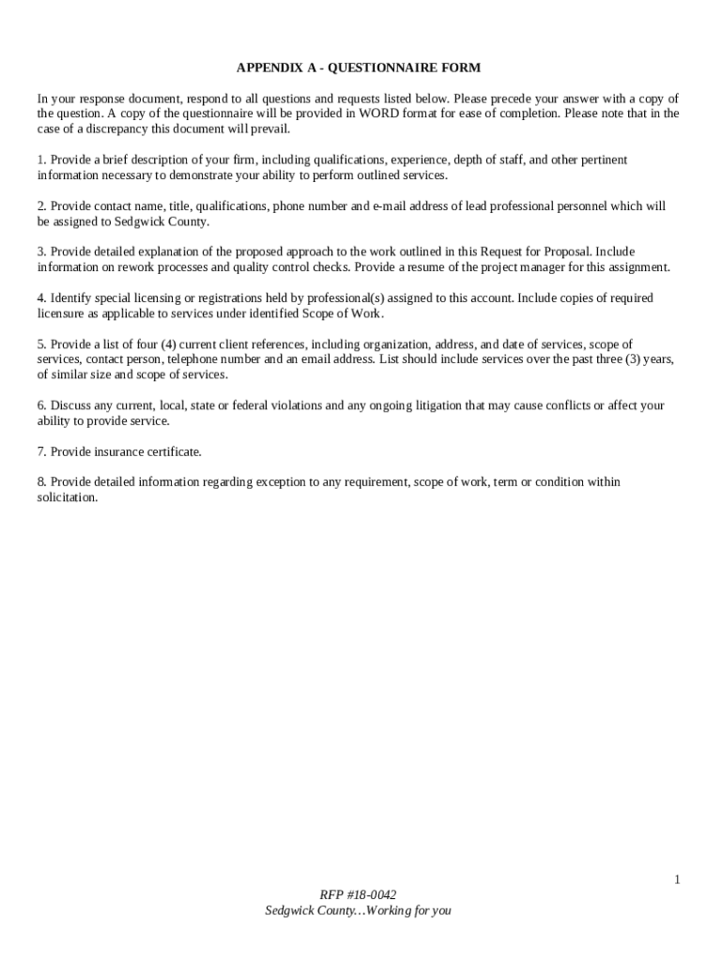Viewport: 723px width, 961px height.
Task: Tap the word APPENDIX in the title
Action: [x=267, y=68]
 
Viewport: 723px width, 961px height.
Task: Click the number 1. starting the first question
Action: [x=42, y=160]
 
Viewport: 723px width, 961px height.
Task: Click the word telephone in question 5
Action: [x=198, y=359]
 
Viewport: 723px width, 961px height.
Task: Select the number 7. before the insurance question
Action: [x=42, y=451]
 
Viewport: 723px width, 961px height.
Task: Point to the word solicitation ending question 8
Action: [x=68, y=497]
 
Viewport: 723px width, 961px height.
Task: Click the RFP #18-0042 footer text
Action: [x=358, y=895]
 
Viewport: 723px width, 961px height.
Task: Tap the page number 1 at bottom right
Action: [x=676, y=879]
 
